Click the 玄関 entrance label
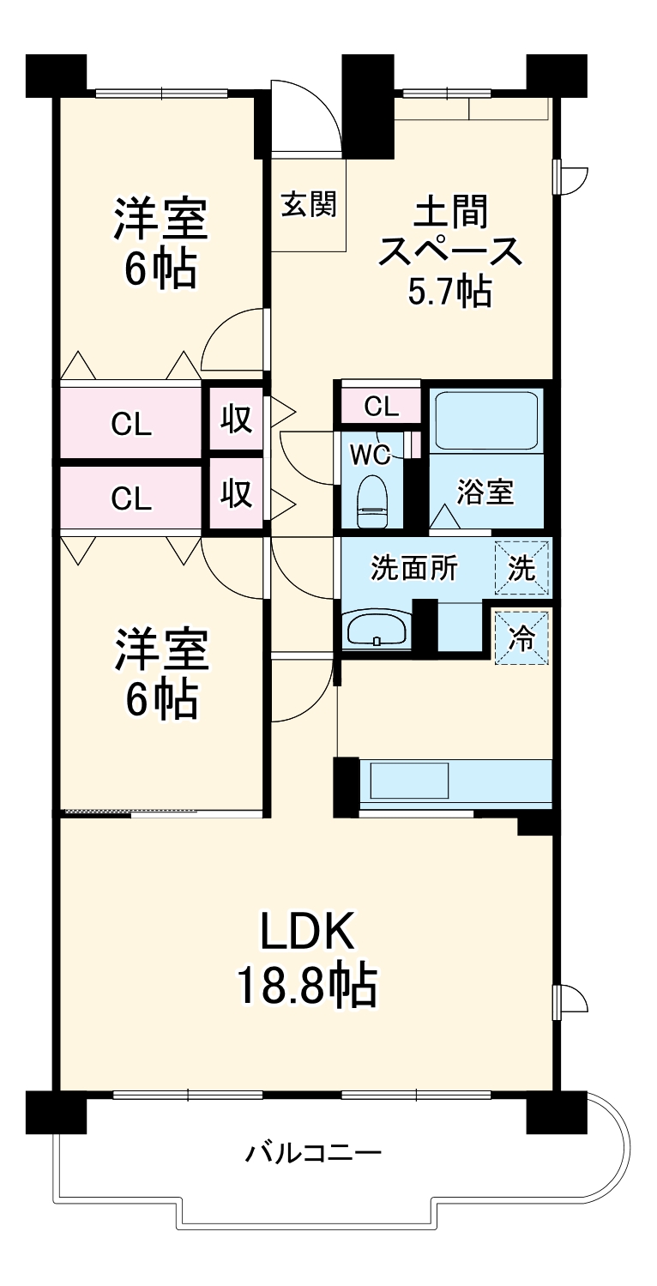click(309, 204)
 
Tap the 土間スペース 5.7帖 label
click(450, 251)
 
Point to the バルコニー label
click(313, 1152)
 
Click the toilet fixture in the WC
click(372, 501)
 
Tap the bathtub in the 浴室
click(486, 421)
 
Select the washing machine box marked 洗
click(522, 568)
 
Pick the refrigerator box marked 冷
click(522, 637)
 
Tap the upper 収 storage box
click(237, 420)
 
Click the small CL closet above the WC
click(381, 406)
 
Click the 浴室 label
click(485, 492)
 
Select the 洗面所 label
click(414, 569)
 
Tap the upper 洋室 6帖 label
click(160, 242)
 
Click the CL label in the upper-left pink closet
click(131, 425)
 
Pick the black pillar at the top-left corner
click(57, 75)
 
